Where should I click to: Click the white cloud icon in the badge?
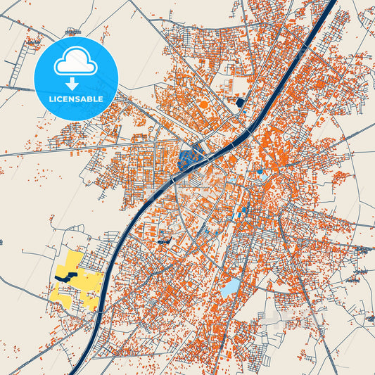(75, 63)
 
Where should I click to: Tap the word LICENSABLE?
(75, 98)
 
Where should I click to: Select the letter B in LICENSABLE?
(92, 98)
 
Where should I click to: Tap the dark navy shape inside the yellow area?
(63, 277)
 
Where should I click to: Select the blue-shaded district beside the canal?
(189, 159)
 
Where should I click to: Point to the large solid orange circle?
(204, 105)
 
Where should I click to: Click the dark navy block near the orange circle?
(239, 103)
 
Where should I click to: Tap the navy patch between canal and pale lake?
(166, 241)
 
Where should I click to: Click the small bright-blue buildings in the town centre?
(243, 209)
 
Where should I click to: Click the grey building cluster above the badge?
(72, 32)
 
